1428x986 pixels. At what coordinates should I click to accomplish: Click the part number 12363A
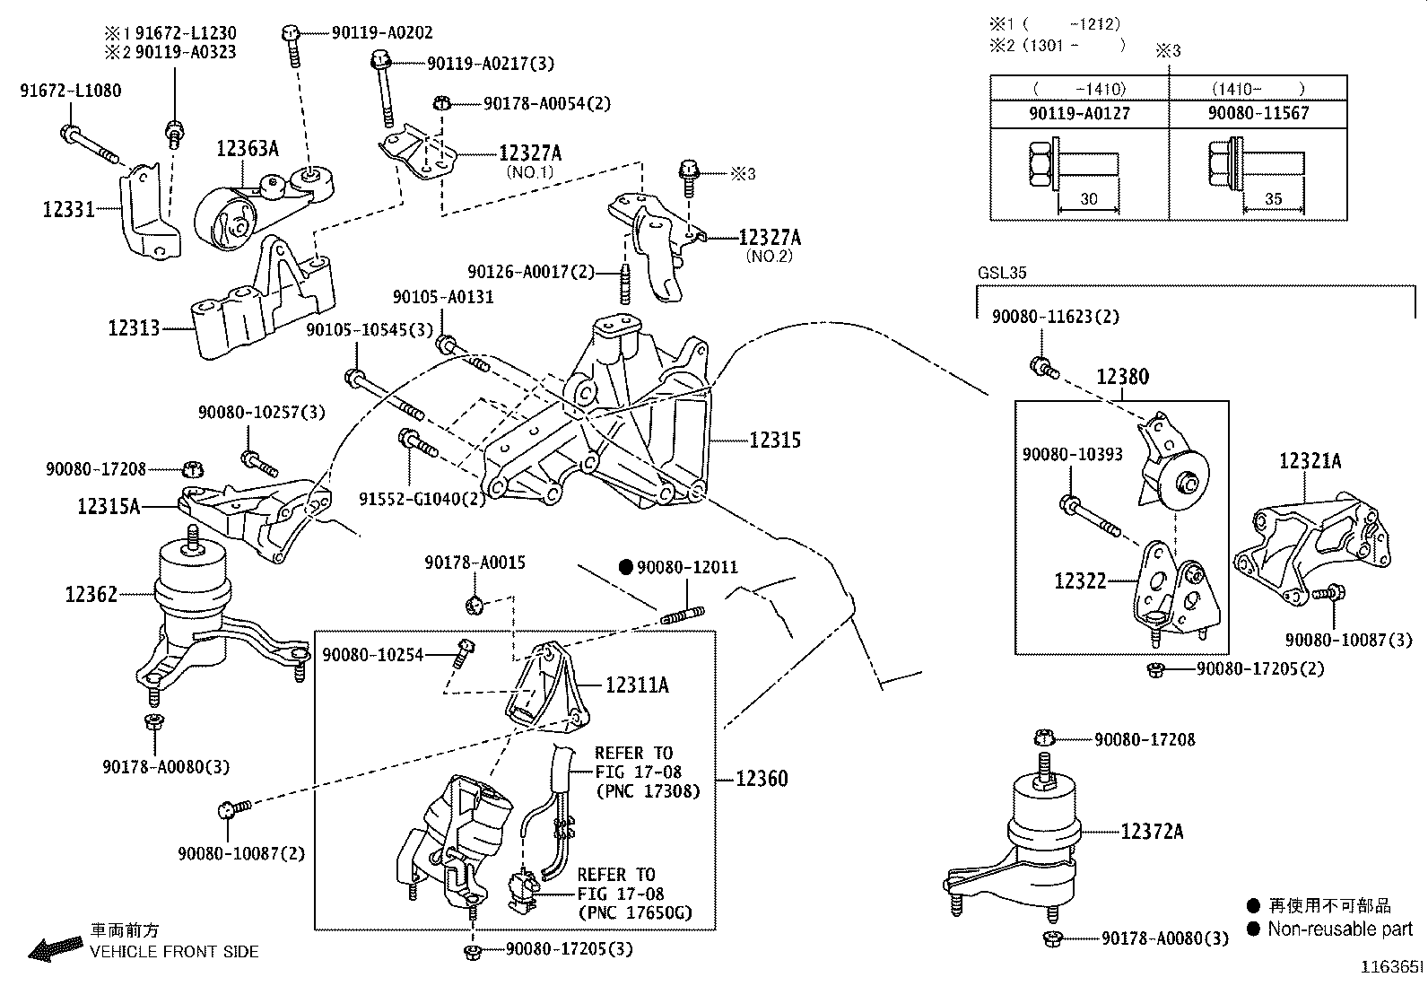[247, 149]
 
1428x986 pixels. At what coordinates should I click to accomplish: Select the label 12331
[68, 210]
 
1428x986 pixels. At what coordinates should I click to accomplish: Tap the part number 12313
[134, 328]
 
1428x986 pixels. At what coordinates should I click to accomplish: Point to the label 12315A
[108, 507]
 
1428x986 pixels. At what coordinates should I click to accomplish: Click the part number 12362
[91, 594]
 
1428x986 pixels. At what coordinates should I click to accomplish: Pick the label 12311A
[637, 685]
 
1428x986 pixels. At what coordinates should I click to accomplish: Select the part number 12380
[1122, 378]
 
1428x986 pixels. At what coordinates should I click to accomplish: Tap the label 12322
[1080, 581]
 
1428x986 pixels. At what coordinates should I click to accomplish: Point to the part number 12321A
[1310, 461]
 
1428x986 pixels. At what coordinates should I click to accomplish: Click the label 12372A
[1152, 833]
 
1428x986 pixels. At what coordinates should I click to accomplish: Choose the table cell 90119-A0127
[1079, 113]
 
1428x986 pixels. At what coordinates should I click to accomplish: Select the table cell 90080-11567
[1258, 113]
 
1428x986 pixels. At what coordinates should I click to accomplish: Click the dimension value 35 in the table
[1273, 199]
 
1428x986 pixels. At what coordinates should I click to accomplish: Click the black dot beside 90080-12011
[627, 567]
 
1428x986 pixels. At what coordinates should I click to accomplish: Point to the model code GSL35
[1002, 273]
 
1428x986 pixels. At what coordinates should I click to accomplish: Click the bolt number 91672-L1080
[70, 91]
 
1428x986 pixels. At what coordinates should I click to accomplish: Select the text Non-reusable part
[1339, 929]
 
